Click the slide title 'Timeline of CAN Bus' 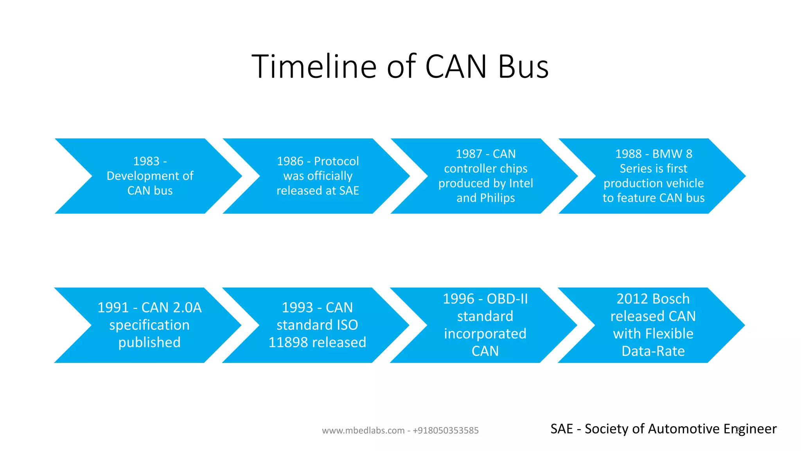(x=400, y=67)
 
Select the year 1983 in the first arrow (x=146, y=161)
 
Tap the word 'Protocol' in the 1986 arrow (x=336, y=161)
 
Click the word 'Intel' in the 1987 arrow (x=521, y=183)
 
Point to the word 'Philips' (x=497, y=198)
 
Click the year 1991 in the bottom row (x=113, y=308)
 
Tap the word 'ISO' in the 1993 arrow (x=347, y=325)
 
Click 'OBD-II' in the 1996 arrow (x=507, y=299)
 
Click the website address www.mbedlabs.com (x=363, y=431)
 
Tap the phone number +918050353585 (x=445, y=431)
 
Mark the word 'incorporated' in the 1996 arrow (x=485, y=334)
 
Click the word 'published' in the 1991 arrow (x=149, y=343)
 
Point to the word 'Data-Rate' (x=653, y=351)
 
